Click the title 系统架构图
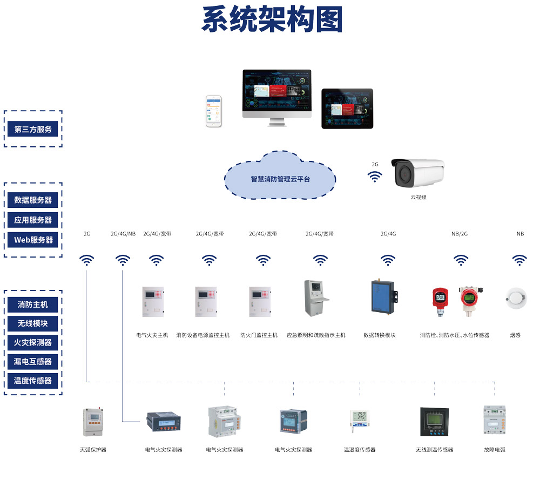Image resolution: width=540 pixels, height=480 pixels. pos(272,21)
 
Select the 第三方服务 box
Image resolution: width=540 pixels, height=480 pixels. pos(33,129)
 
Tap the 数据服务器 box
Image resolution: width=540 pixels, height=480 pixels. pos(33,200)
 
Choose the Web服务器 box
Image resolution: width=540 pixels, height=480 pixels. pos(33,240)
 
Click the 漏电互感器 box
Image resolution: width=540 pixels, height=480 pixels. pos(33,362)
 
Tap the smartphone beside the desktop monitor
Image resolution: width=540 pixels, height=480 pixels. pos(213,112)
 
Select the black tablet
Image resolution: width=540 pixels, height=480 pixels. pos(347,109)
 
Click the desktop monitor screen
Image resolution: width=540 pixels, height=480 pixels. pos(276,92)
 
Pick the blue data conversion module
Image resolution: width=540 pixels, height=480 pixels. pos(383,296)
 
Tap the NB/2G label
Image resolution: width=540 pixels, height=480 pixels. pos(460,234)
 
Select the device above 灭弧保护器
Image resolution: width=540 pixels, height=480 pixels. pos(92,422)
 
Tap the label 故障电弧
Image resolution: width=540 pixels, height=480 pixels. pos(495,449)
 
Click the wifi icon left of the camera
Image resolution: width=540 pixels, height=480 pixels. pos(375,177)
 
